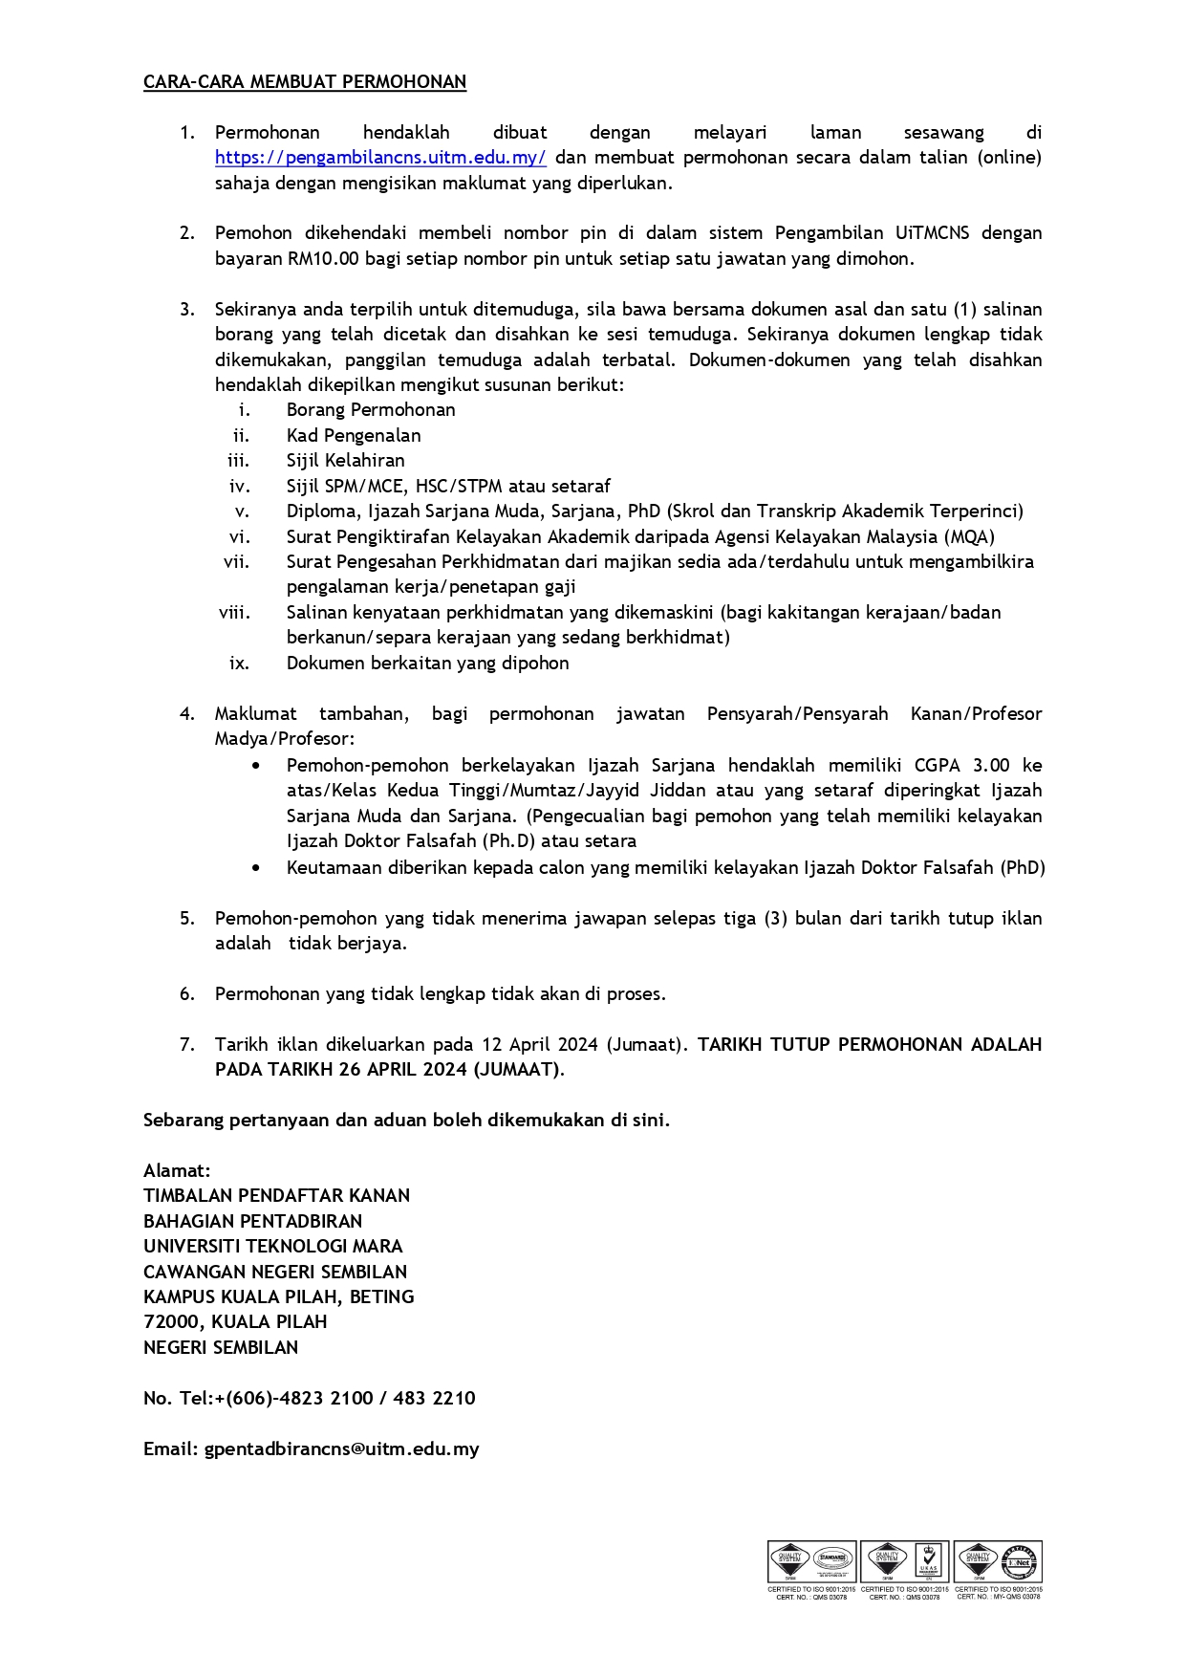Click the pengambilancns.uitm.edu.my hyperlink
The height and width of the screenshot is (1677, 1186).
[380, 158]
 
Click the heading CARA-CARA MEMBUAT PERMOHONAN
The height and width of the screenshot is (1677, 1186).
[305, 82]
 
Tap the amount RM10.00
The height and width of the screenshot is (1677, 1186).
[318, 258]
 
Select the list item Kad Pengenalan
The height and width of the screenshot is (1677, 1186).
[354, 435]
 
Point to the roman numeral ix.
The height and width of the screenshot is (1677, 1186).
[239, 663]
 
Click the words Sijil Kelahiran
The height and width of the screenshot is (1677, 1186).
[345, 460]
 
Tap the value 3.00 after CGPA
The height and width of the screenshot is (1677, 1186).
[990, 765]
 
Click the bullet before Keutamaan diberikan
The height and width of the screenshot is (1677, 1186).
[256, 868]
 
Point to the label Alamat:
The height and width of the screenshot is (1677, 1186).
[177, 1170]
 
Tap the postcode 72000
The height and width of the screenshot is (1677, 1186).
[172, 1321]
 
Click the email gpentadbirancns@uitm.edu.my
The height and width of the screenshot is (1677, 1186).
[341, 1448]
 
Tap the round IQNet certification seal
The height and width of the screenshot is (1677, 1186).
[1020, 1561]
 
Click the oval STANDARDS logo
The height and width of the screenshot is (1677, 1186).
[832, 1561]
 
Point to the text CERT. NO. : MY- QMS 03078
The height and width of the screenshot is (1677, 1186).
[999, 1596]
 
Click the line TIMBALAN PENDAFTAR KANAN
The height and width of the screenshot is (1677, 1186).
[276, 1195]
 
